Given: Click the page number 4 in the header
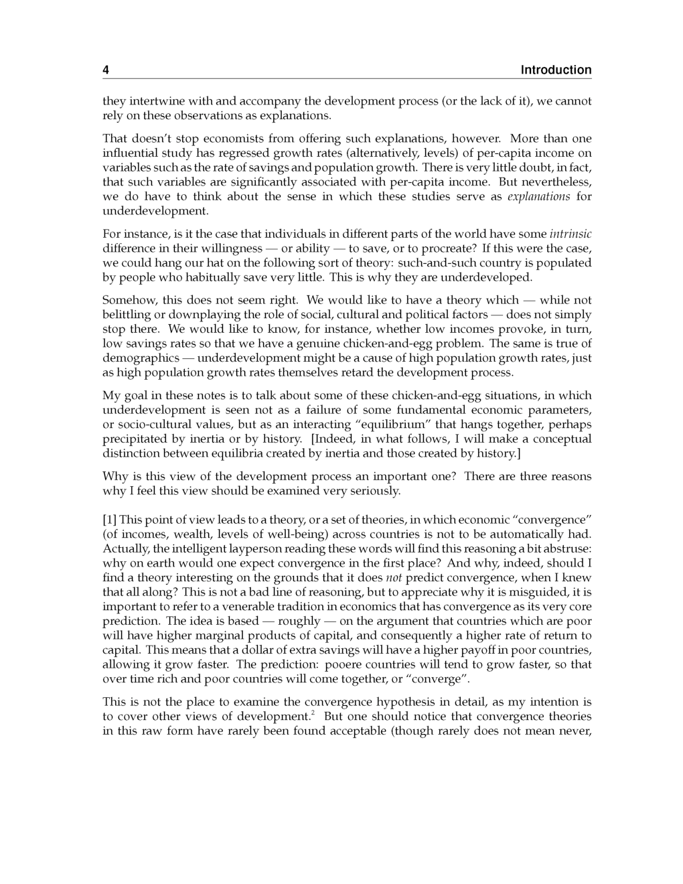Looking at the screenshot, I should tap(106, 70).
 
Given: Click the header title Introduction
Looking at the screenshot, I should tap(556, 70).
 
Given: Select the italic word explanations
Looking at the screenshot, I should tap(538, 196).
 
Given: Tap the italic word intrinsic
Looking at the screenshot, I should tap(570, 234).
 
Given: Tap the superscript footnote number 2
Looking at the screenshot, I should tap(313, 713).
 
